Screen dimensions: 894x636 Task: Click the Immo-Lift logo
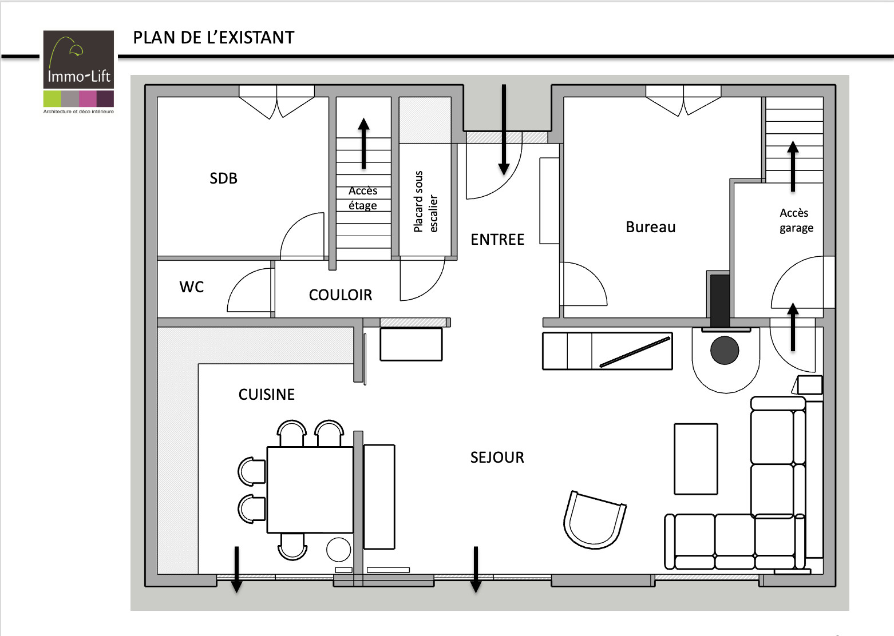click(x=78, y=72)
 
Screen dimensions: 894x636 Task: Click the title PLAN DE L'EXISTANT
click(x=213, y=38)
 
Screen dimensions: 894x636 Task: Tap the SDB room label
click(x=223, y=178)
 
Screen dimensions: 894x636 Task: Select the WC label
click(x=192, y=287)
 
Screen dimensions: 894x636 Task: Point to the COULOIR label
click(x=341, y=295)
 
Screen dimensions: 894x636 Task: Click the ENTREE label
click(x=497, y=240)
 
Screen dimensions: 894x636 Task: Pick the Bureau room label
click(x=651, y=227)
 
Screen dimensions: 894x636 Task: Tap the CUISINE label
click(x=267, y=395)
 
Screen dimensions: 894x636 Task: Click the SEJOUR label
click(x=497, y=458)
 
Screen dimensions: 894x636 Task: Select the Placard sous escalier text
click(x=425, y=201)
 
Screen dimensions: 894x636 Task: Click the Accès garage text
click(x=796, y=220)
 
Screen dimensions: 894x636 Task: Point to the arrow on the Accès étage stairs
click(x=363, y=144)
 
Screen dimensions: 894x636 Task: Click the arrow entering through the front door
click(x=504, y=130)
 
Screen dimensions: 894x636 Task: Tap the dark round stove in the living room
click(x=725, y=350)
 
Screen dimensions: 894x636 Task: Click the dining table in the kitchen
click(x=310, y=490)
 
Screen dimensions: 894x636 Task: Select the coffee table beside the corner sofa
click(x=696, y=459)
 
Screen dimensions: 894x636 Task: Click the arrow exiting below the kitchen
click(x=237, y=570)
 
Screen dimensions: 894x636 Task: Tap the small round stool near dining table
click(x=338, y=550)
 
